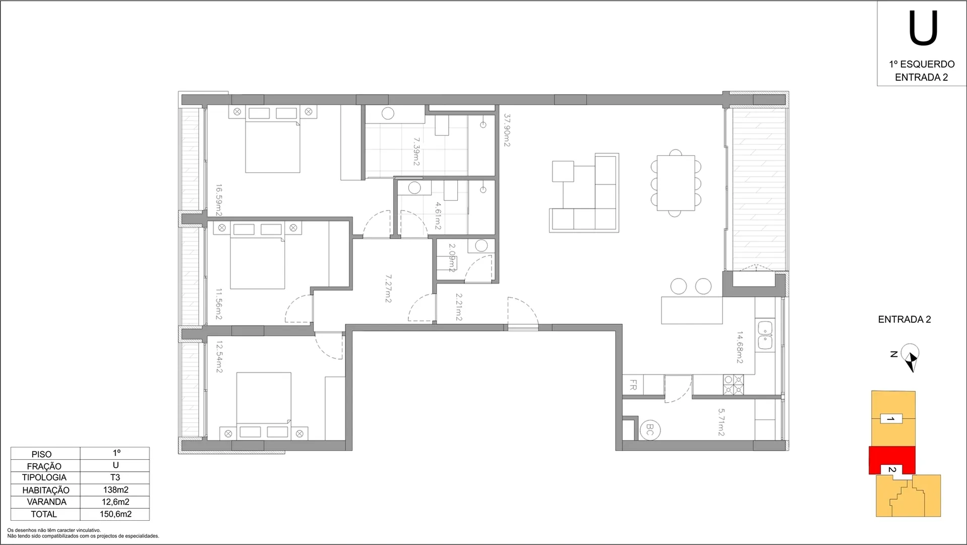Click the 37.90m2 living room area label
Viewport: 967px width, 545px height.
click(507, 130)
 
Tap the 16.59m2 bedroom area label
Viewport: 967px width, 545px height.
click(219, 200)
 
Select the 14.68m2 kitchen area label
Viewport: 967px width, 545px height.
click(740, 347)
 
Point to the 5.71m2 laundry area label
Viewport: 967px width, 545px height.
click(721, 422)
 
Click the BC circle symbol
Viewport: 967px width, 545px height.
click(650, 430)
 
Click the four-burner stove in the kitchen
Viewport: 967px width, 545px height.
click(734, 385)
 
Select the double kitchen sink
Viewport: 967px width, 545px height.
click(765, 336)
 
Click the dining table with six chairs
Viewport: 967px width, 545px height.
click(676, 183)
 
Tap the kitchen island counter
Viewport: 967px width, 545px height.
click(692, 310)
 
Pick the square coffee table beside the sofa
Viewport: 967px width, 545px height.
click(563, 171)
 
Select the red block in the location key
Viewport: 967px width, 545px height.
click(892, 460)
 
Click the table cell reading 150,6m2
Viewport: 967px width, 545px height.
click(115, 514)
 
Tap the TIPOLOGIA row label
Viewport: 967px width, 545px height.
click(44, 477)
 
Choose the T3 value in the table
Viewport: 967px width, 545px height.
click(115, 477)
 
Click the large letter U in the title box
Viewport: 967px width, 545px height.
click(923, 29)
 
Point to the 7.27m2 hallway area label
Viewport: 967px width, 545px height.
click(388, 289)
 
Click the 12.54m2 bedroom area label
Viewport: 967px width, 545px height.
click(219, 357)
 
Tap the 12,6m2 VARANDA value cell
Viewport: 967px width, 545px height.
click(115, 502)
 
